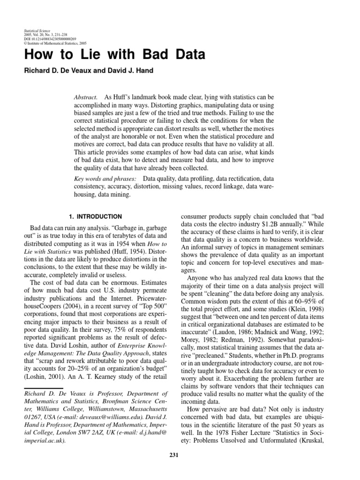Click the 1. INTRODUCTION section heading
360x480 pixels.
[95, 217]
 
